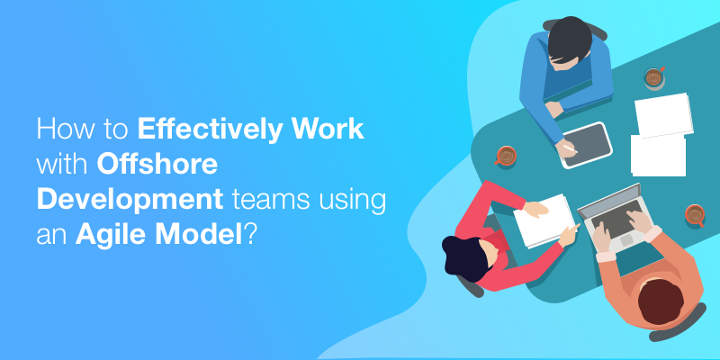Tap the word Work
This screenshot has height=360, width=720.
tap(329, 130)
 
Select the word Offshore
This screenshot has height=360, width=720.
tap(157, 165)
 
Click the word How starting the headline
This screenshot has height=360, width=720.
tap(61, 130)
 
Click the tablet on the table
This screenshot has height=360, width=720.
tap(586, 144)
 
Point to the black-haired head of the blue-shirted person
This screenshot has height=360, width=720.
tap(569, 42)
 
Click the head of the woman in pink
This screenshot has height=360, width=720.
tap(463, 257)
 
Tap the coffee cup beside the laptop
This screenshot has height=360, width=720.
tap(694, 215)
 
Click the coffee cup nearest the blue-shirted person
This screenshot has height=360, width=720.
tap(654, 77)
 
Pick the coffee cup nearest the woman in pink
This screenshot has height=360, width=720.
tap(506, 156)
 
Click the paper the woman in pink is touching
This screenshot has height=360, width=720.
tap(544, 220)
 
